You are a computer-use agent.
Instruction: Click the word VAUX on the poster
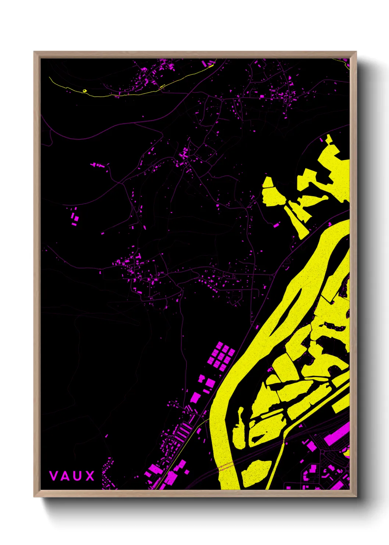(72, 476)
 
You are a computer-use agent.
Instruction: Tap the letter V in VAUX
(53, 476)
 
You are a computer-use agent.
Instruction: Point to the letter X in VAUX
(90, 476)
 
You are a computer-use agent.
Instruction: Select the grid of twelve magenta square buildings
(221, 355)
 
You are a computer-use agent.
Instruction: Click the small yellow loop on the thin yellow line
(85, 90)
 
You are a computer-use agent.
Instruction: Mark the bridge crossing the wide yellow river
(226, 467)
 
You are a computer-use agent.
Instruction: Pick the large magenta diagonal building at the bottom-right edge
(336, 435)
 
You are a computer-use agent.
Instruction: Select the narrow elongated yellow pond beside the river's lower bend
(239, 429)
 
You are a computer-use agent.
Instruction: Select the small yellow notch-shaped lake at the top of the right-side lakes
(328, 139)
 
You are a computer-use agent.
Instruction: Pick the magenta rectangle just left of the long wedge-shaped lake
(276, 225)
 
